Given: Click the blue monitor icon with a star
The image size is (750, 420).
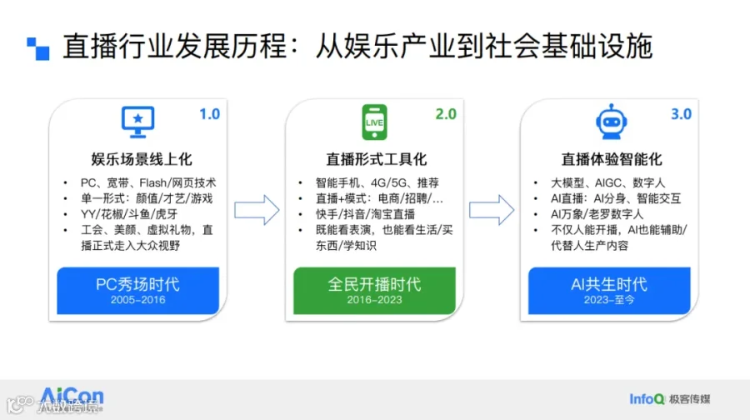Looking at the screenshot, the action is click(x=137, y=122).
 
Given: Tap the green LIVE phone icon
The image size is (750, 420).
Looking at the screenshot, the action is click(x=374, y=122).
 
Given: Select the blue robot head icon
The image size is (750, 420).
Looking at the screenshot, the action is click(x=612, y=122).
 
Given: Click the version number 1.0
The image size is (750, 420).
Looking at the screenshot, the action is click(x=209, y=114).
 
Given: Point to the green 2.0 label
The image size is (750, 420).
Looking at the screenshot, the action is click(x=446, y=114).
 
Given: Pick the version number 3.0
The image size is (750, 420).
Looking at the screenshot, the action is click(x=681, y=114).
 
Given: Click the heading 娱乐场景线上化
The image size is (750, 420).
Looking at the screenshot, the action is click(x=142, y=159).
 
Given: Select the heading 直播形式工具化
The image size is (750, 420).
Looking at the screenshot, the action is click(x=376, y=159).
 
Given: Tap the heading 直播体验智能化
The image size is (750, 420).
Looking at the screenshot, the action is click(x=612, y=159).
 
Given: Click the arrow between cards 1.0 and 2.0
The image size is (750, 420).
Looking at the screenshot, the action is click(x=257, y=210).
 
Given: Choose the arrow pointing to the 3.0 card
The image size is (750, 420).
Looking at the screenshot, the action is click(x=492, y=210).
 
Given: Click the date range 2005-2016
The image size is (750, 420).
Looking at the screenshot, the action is click(x=137, y=300).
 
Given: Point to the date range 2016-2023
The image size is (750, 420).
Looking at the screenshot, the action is click(x=374, y=300).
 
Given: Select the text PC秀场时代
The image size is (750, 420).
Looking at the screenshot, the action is click(x=137, y=285).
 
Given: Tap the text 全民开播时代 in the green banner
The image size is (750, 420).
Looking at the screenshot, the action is click(x=374, y=285).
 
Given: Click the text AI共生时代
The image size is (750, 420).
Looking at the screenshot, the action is click(x=609, y=285).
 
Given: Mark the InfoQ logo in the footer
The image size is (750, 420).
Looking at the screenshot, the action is click(x=647, y=399).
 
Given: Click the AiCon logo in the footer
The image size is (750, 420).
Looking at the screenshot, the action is click(x=72, y=397).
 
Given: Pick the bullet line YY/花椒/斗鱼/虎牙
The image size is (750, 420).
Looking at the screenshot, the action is click(x=129, y=214).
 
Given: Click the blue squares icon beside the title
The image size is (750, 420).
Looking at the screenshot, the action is click(x=37, y=49).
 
